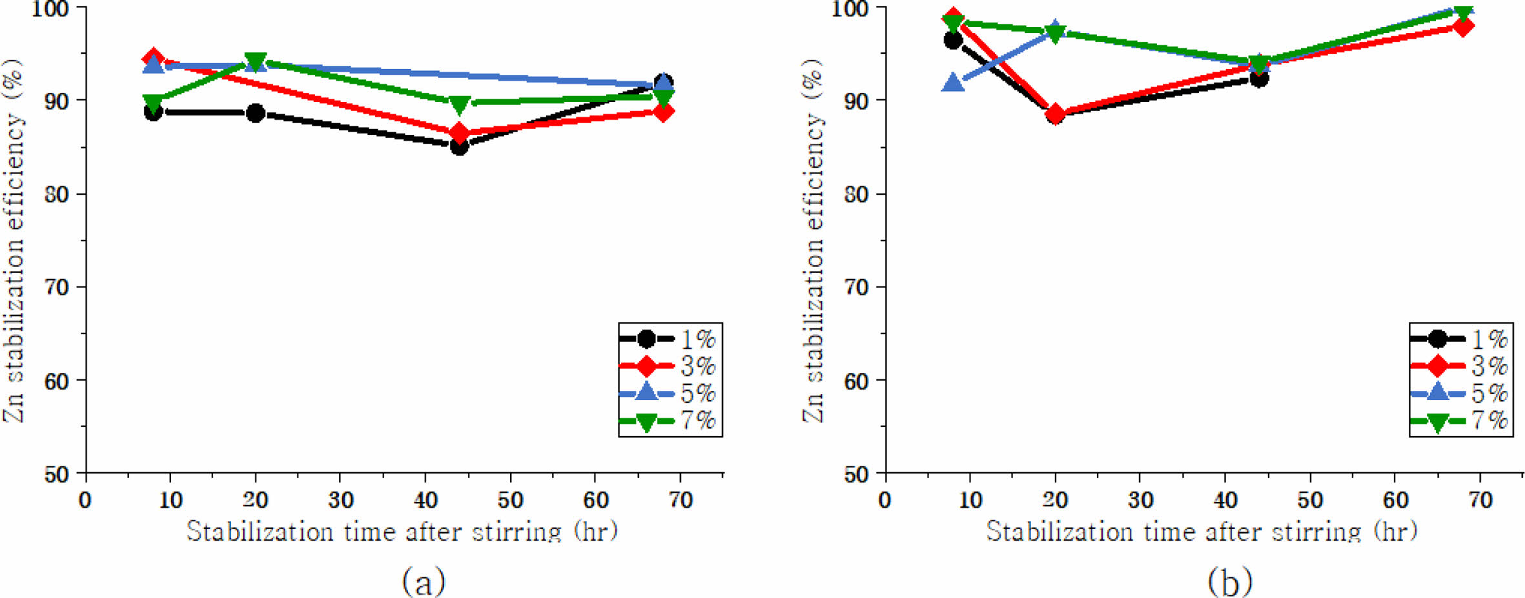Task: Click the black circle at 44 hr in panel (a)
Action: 459,147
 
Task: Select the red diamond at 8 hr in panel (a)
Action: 153,59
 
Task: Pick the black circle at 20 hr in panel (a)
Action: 256,113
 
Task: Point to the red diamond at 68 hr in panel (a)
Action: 663,112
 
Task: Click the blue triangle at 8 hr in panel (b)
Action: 953,83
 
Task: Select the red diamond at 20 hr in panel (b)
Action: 1055,115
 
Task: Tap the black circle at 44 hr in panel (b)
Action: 1259,79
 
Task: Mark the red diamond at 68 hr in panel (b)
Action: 1463,26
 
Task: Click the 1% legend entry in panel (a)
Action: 669,339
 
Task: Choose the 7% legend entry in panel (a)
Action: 669,421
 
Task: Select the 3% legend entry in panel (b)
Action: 1460,366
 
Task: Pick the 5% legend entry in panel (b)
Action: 1460,394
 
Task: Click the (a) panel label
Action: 424,581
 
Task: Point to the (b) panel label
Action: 1230,581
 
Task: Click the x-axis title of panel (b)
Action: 1202,532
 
